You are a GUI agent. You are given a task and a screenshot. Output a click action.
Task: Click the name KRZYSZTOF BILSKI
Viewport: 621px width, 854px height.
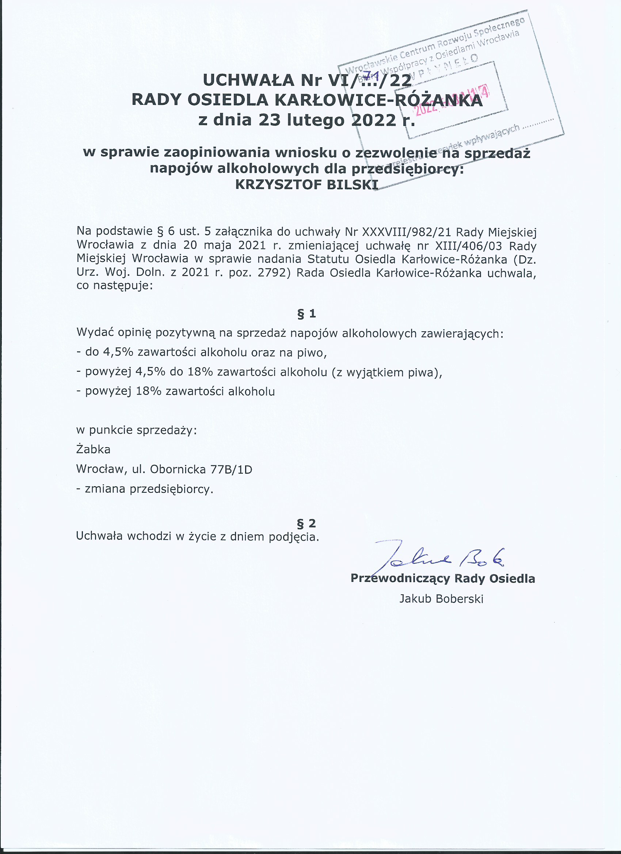tap(306, 184)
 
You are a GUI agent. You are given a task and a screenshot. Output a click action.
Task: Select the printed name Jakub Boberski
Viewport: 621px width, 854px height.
tap(441, 599)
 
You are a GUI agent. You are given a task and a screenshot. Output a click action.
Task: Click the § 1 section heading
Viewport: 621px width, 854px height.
tap(306, 314)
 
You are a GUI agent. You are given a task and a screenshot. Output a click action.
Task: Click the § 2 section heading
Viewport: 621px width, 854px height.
tap(306, 523)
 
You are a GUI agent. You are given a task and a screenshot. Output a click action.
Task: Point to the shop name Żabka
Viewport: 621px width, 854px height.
tap(94, 450)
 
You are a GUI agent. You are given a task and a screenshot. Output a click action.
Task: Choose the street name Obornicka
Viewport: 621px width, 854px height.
tap(178, 469)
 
